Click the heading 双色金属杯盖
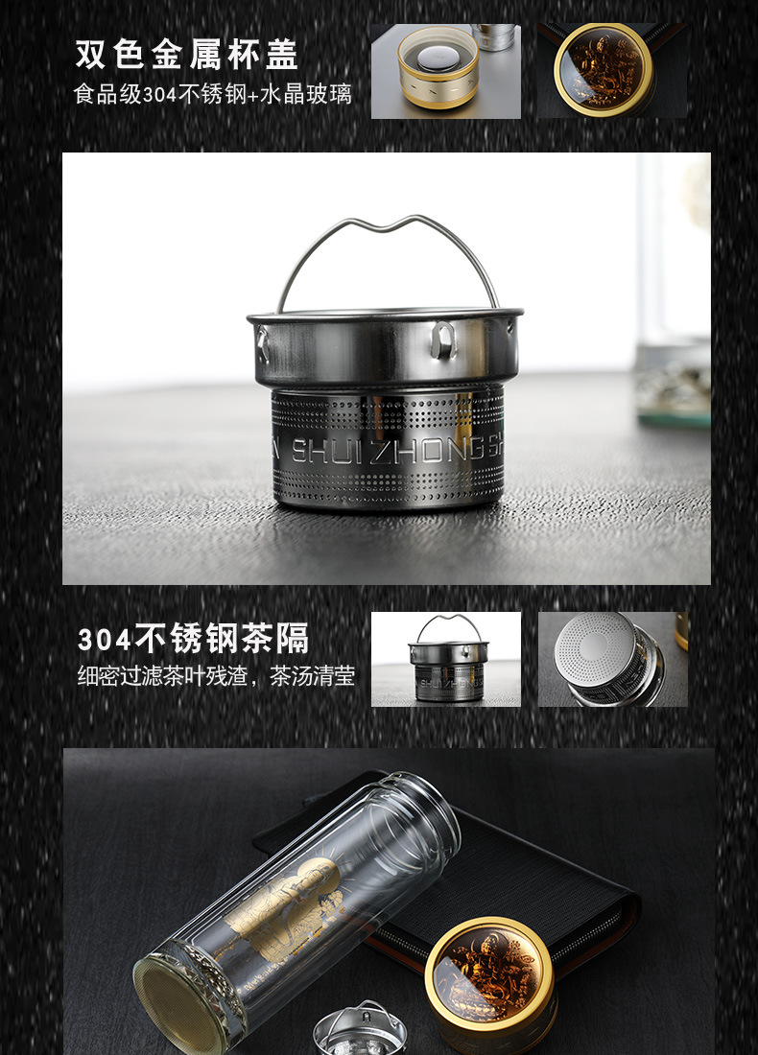click(x=187, y=55)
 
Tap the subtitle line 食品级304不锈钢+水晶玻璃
click(x=213, y=94)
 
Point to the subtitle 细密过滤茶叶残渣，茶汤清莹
click(x=216, y=676)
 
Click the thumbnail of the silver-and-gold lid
click(x=445, y=71)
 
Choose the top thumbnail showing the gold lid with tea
click(x=612, y=71)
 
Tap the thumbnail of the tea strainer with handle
click(x=446, y=660)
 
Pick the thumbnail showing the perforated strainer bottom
click(x=612, y=660)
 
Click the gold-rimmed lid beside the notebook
click(x=490, y=973)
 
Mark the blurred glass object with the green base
click(x=673, y=384)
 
